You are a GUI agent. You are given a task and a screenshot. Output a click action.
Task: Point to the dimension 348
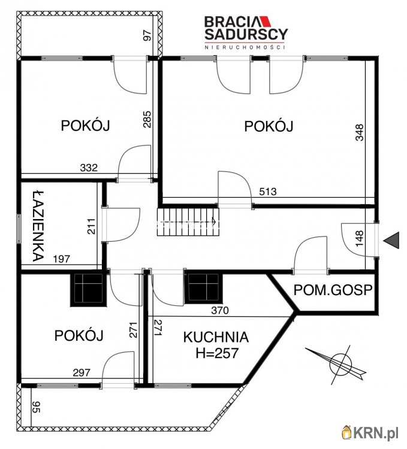(x=359, y=132)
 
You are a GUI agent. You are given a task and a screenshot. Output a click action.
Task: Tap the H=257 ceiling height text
(x=217, y=354)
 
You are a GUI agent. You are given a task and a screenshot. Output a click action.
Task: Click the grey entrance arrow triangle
(x=391, y=240)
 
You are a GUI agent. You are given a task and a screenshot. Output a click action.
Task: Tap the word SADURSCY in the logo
(x=246, y=35)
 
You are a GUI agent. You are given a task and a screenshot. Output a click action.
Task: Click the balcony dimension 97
(x=147, y=35)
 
